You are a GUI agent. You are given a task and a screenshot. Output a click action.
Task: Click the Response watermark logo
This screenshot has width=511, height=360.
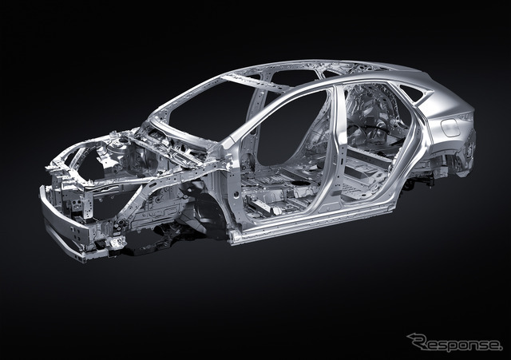[454, 343]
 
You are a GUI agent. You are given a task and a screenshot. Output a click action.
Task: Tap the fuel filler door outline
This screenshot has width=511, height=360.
[450, 128]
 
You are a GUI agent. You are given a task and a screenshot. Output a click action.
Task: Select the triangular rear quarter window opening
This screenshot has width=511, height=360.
[411, 93]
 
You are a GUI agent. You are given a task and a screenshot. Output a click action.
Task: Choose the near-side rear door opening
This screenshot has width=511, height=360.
[374, 144]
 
